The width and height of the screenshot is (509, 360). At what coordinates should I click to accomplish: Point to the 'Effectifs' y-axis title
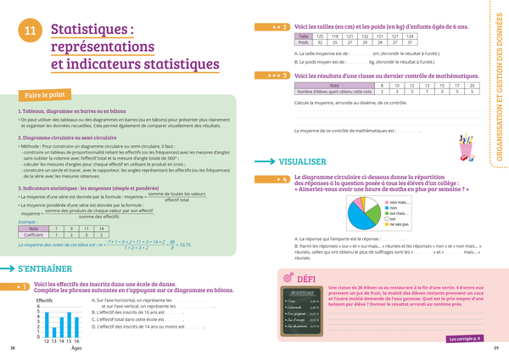pos(46,300)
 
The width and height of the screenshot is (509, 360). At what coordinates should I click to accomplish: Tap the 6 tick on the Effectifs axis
pos(37,307)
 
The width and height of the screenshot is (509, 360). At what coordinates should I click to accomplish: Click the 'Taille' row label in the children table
pos(303,37)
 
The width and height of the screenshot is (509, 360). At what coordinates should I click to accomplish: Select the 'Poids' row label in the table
pos(303,43)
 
